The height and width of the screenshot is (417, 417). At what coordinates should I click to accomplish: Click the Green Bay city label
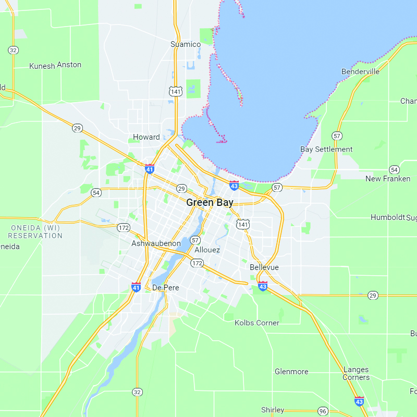(210, 203)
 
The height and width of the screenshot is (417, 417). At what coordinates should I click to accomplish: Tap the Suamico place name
(186, 44)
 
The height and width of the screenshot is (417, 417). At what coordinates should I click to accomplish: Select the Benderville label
(360, 71)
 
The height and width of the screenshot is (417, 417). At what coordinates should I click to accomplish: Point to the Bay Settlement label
(326, 149)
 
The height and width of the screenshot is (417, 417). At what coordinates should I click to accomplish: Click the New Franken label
(388, 179)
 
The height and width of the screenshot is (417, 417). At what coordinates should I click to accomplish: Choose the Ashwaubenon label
(156, 243)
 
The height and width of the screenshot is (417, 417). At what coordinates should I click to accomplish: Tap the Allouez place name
(207, 250)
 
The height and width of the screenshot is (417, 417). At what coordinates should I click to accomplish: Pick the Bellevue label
(264, 267)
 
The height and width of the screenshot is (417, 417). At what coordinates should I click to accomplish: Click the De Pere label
(166, 288)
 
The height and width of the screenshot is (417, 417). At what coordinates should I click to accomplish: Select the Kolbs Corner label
(257, 323)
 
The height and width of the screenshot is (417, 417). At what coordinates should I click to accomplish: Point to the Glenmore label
(291, 372)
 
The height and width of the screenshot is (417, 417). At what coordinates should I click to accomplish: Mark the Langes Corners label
(356, 373)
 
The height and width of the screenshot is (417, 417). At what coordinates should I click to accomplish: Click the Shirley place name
(273, 410)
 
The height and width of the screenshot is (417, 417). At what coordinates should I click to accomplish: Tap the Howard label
(146, 137)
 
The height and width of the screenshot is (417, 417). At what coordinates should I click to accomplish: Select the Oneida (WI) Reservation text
(35, 231)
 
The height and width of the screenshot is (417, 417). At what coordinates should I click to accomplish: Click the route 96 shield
(323, 411)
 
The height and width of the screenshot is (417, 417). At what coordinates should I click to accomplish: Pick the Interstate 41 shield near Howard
(150, 168)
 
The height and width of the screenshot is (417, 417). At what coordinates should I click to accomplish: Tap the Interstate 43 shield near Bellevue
(263, 286)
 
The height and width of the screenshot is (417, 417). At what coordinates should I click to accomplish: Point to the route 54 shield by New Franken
(394, 169)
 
